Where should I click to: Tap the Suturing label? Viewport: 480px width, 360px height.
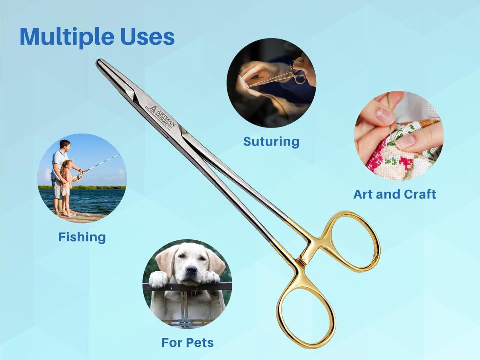click(x=271, y=141)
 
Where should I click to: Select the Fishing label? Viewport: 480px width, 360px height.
click(x=82, y=237)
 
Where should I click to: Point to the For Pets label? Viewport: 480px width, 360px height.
click(x=187, y=342)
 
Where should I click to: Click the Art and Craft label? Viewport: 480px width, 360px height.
click(x=395, y=194)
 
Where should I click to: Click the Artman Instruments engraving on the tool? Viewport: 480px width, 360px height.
click(x=161, y=118)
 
